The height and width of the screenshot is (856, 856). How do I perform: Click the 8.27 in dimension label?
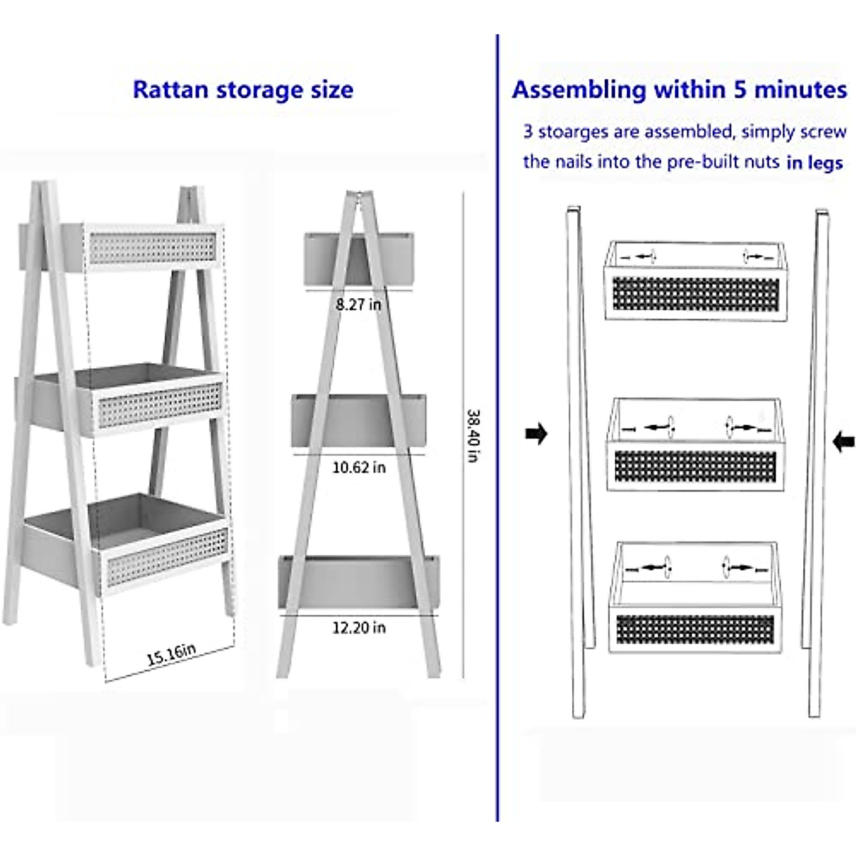pos(358,305)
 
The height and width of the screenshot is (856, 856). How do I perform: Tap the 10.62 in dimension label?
pos(359,467)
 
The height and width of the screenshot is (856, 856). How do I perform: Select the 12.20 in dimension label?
pos(359,628)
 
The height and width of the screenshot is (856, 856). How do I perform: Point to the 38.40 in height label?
pos(473,435)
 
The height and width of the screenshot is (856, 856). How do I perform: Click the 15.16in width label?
pos(171,653)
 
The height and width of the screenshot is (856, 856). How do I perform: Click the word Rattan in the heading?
pos(170,90)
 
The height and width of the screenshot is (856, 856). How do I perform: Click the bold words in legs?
pos(815,163)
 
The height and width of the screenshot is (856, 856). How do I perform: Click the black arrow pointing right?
pos(536,433)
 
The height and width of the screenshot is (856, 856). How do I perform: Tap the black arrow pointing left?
pos(843,442)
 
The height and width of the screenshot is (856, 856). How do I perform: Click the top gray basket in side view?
pos(358,257)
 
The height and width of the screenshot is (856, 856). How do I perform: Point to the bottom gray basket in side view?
pos(359,582)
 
